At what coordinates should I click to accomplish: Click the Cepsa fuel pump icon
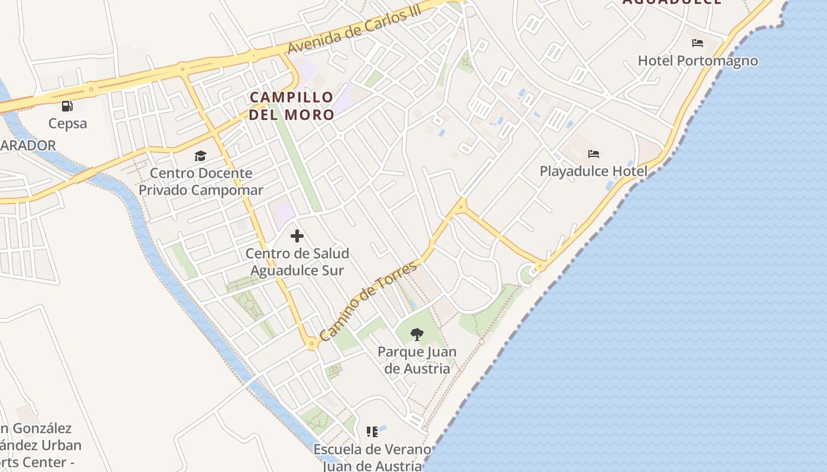pyautogui.click(x=67, y=106)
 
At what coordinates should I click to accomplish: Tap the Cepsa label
pyautogui.click(x=67, y=123)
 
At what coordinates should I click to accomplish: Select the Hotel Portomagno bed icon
pyautogui.click(x=697, y=43)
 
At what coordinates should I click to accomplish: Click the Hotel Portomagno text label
pyautogui.click(x=698, y=61)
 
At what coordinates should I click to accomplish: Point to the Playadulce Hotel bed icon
pyautogui.click(x=594, y=154)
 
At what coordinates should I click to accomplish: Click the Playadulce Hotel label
pyautogui.click(x=593, y=171)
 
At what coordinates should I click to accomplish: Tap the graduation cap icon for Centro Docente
pyautogui.click(x=200, y=156)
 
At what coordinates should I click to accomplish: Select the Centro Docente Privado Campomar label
pyautogui.click(x=200, y=182)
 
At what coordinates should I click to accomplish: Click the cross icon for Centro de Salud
pyautogui.click(x=297, y=237)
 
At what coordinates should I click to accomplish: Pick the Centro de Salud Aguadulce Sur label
pyautogui.click(x=297, y=262)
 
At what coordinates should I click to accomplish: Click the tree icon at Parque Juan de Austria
pyautogui.click(x=417, y=335)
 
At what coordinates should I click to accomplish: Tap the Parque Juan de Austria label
pyautogui.click(x=417, y=360)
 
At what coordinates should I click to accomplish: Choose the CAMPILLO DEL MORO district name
pyautogui.click(x=291, y=106)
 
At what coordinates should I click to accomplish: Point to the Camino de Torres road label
pyautogui.click(x=369, y=301)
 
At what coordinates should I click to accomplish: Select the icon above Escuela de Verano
pyautogui.click(x=372, y=432)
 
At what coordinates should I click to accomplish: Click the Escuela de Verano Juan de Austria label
pyautogui.click(x=372, y=457)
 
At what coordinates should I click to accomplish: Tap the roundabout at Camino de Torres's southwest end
pyautogui.click(x=312, y=343)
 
